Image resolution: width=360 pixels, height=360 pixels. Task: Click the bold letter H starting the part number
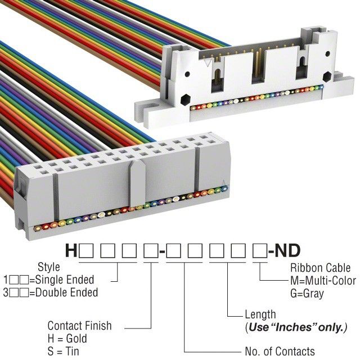pos(71,250)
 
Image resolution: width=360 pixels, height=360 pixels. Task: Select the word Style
pos(48,267)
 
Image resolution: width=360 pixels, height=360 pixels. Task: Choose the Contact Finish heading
pos(79,326)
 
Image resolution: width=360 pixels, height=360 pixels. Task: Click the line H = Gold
pos(67,339)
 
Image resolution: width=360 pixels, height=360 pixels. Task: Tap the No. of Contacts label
pos(280,352)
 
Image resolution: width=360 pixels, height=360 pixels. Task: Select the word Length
pos(260,314)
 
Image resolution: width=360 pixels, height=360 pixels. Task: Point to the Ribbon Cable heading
pos(319,268)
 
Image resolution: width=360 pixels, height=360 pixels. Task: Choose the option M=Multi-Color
pos(323,281)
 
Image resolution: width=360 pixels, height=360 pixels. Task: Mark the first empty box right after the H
pos(84,251)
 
